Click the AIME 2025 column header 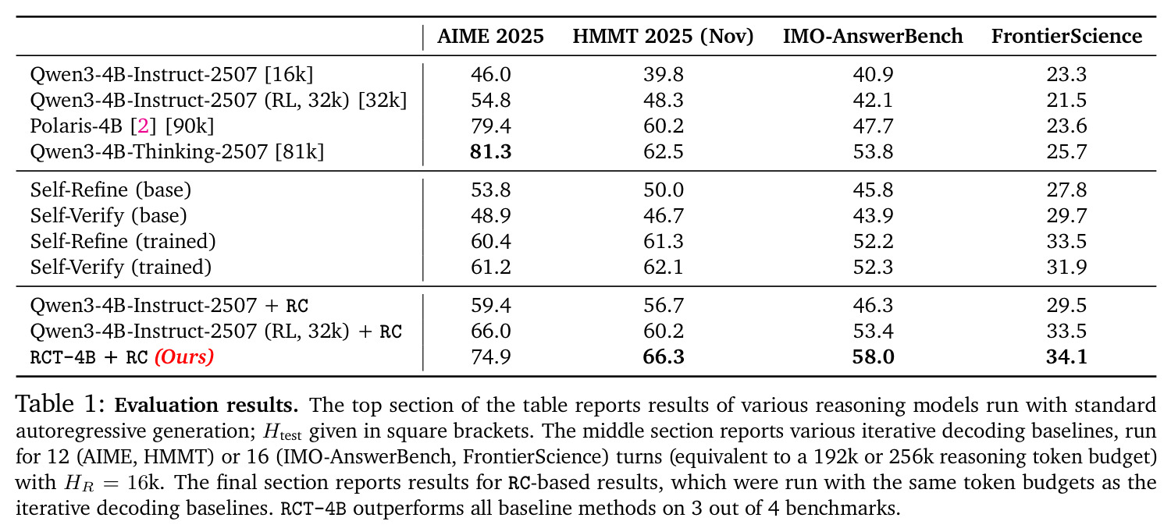(490, 36)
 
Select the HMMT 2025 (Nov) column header (663, 37)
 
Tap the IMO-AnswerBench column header (873, 36)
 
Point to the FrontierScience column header (1066, 36)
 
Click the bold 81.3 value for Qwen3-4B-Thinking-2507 (490, 151)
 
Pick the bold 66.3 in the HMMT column (664, 357)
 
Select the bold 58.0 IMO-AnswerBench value (873, 357)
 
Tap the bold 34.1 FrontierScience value (1066, 357)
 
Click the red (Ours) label (184, 357)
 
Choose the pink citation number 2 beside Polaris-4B (143, 126)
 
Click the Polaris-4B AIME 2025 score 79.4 (490, 126)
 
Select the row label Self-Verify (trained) (121, 267)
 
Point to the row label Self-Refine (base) (111, 190)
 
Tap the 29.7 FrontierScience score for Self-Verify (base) (1066, 215)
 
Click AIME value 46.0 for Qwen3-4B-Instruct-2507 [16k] (490, 74)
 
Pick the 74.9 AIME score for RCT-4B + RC (490, 357)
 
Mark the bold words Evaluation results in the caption (207, 405)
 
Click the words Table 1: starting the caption (61, 404)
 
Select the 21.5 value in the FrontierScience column (1066, 101)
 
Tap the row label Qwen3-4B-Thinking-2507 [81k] (177, 152)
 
